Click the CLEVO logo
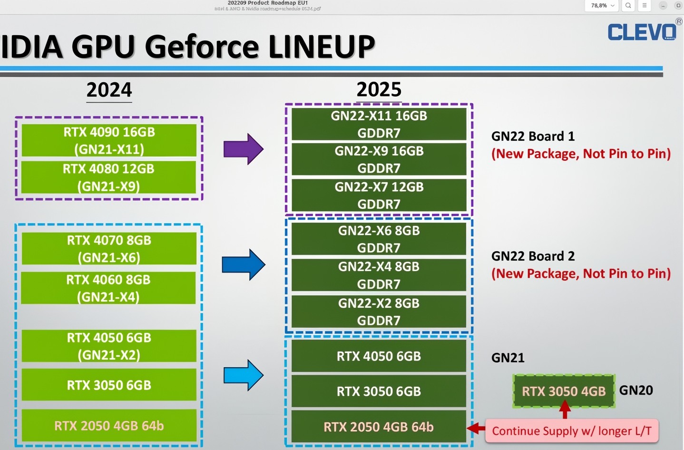point(642,32)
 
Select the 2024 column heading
point(109,90)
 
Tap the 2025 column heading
point(379,89)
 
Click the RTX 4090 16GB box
point(109,140)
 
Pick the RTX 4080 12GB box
point(109,177)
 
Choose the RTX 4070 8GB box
point(109,248)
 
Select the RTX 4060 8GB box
point(108,288)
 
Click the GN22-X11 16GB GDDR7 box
point(379,124)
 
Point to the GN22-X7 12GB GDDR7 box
point(379,195)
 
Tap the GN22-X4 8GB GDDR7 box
point(379,275)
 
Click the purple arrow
point(243,149)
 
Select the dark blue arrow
point(243,264)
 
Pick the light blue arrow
point(243,375)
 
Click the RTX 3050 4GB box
point(564,391)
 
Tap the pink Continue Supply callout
point(571,431)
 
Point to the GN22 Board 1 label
point(533,137)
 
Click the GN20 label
point(636,391)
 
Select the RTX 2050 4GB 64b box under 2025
point(379,427)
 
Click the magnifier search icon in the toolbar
point(628,6)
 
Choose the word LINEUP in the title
point(322,47)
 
